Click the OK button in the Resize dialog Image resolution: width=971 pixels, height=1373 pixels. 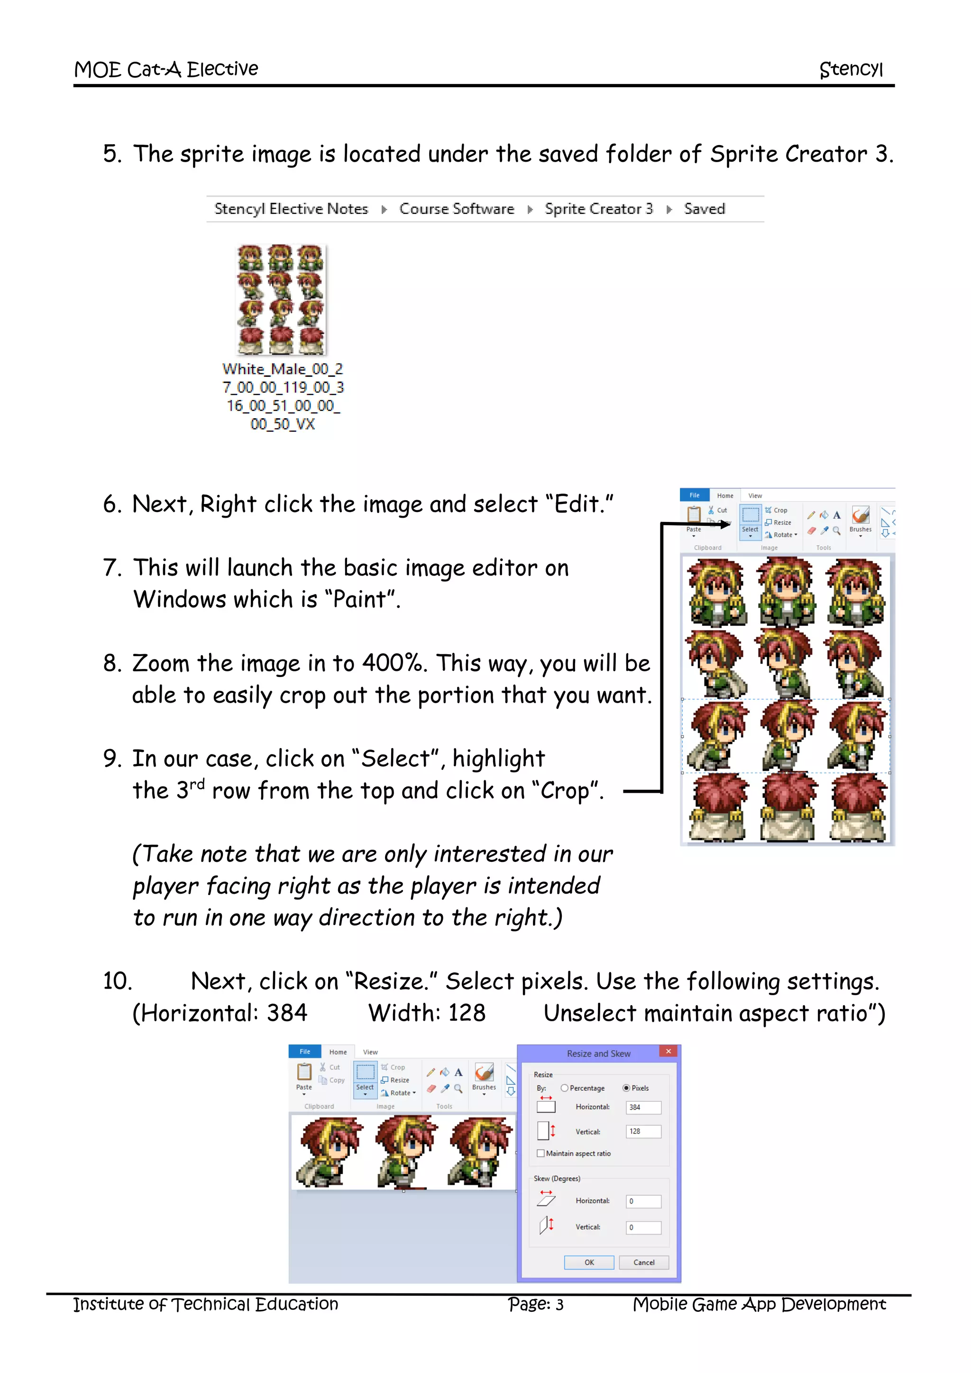[589, 1263]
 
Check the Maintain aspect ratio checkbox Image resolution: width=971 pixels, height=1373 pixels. [541, 1153]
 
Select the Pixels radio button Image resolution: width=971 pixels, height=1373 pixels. [626, 1089]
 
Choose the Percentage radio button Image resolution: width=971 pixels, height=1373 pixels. [564, 1089]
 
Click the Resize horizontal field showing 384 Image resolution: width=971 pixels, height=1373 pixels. [643, 1108]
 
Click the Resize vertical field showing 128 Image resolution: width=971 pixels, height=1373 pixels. [643, 1131]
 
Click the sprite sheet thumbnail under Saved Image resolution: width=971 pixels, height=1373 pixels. [282, 299]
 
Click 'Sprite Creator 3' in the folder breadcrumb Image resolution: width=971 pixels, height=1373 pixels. [598, 209]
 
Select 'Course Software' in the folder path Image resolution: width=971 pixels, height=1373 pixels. [457, 209]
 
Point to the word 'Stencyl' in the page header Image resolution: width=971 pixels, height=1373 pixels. [851, 69]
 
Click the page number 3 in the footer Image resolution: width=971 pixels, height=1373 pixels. [559, 1305]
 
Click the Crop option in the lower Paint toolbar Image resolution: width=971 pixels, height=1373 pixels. [394, 1067]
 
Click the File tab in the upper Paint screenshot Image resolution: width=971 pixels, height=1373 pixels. [694, 495]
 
